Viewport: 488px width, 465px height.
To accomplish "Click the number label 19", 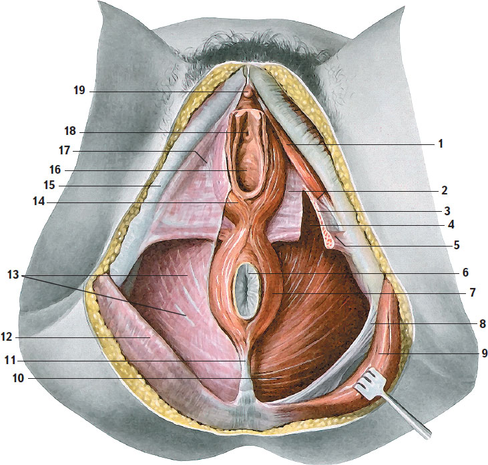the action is pyautogui.click(x=79, y=90).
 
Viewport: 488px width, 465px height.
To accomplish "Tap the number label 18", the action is pyautogui.click(x=70, y=131).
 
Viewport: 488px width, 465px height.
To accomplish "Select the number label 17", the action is pyautogui.click(x=65, y=150).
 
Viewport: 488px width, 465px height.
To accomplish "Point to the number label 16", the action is pyautogui.click(x=55, y=170).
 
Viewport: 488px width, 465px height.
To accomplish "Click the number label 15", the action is pyautogui.click(x=49, y=185).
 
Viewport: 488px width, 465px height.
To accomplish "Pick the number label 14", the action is pyautogui.click(x=39, y=202).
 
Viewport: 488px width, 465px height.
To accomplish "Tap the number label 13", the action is pyautogui.click(x=13, y=275).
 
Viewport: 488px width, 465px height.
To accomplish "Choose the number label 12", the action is pyautogui.click(x=7, y=337).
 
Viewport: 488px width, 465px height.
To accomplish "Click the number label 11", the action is pyautogui.click(x=10, y=360).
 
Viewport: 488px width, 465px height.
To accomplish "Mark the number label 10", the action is pyautogui.click(x=18, y=378).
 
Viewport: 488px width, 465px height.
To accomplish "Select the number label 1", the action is pyautogui.click(x=441, y=144).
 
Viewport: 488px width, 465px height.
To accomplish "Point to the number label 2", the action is pyautogui.click(x=445, y=190).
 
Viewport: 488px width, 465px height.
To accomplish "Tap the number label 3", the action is pyautogui.click(x=447, y=211).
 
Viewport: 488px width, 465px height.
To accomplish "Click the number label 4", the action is pyautogui.click(x=451, y=224).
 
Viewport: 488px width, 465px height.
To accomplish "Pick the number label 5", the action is pyautogui.click(x=457, y=245).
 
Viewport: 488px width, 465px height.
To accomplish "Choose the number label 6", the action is pyautogui.click(x=465, y=273).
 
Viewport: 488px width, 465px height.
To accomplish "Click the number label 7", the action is pyautogui.click(x=473, y=293).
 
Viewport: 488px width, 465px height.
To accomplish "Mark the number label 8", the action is pyautogui.click(x=483, y=324).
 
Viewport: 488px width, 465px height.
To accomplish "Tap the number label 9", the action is pyautogui.click(x=484, y=353).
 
